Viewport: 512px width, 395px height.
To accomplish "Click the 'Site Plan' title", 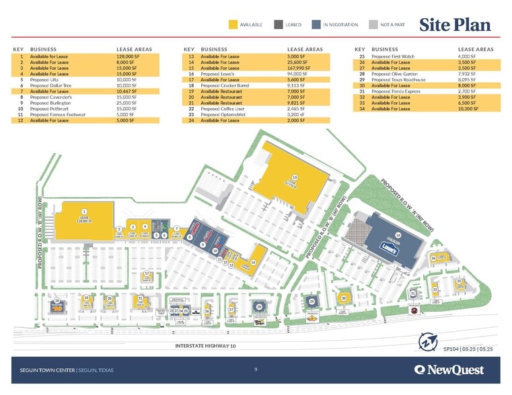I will [x=455, y=25].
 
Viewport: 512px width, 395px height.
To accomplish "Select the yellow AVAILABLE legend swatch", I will [x=233, y=25].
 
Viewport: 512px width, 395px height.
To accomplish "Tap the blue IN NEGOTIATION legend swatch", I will [x=316, y=25].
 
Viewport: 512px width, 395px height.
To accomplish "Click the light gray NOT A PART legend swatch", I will [x=373, y=25].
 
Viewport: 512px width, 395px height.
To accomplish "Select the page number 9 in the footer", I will [x=256, y=369].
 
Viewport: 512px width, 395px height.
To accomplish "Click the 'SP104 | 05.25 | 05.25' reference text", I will [x=469, y=349].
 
